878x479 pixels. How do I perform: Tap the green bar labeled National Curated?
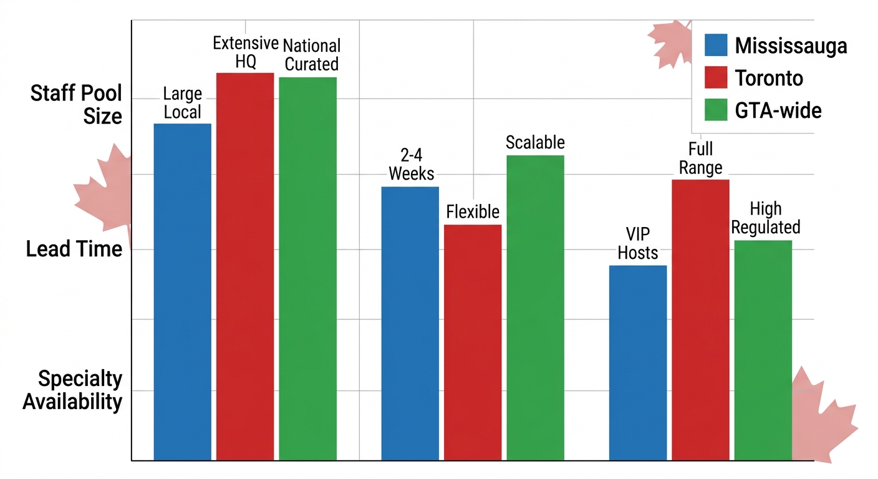click(x=307, y=269)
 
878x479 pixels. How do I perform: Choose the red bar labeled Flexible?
click(x=473, y=342)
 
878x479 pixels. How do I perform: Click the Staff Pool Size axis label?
click(x=76, y=105)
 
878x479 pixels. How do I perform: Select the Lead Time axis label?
click(x=74, y=249)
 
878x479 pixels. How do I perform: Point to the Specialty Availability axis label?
click(x=72, y=390)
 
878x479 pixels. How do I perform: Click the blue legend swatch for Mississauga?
click(x=715, y=45)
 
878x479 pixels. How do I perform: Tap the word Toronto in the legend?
click(x=769, y=78)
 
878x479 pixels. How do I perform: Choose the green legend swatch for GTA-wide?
click(x=715, y=110)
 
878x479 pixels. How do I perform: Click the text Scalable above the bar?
click(x=535, y=142)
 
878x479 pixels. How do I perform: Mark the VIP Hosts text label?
click(x=638, y=243)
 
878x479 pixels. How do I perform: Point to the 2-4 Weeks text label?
click(x=411, y=165)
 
